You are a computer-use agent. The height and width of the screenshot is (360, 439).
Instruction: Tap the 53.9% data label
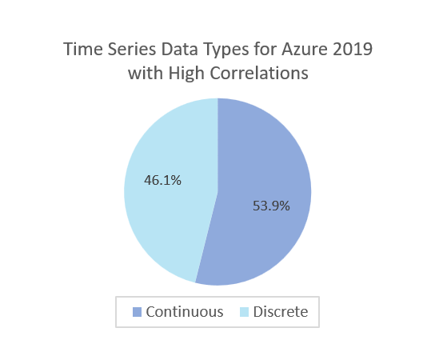(x=271, y=206)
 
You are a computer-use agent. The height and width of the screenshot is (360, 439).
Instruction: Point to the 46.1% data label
(x=162, y=180)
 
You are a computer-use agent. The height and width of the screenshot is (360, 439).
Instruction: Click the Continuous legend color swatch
(x=137, y=312)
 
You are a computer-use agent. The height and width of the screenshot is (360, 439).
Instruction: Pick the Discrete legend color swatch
(x=245, y=312)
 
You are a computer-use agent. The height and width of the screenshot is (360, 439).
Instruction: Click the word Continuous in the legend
(x=185, y=312)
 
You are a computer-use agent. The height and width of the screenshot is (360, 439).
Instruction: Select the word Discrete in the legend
(x=281, y=312)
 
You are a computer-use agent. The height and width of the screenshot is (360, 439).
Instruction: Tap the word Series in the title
(x=132, y=49)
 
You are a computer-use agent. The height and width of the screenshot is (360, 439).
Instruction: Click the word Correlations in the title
(x=259, y=74)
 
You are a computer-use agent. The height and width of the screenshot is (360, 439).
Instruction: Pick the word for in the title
(x=265, y=49)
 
